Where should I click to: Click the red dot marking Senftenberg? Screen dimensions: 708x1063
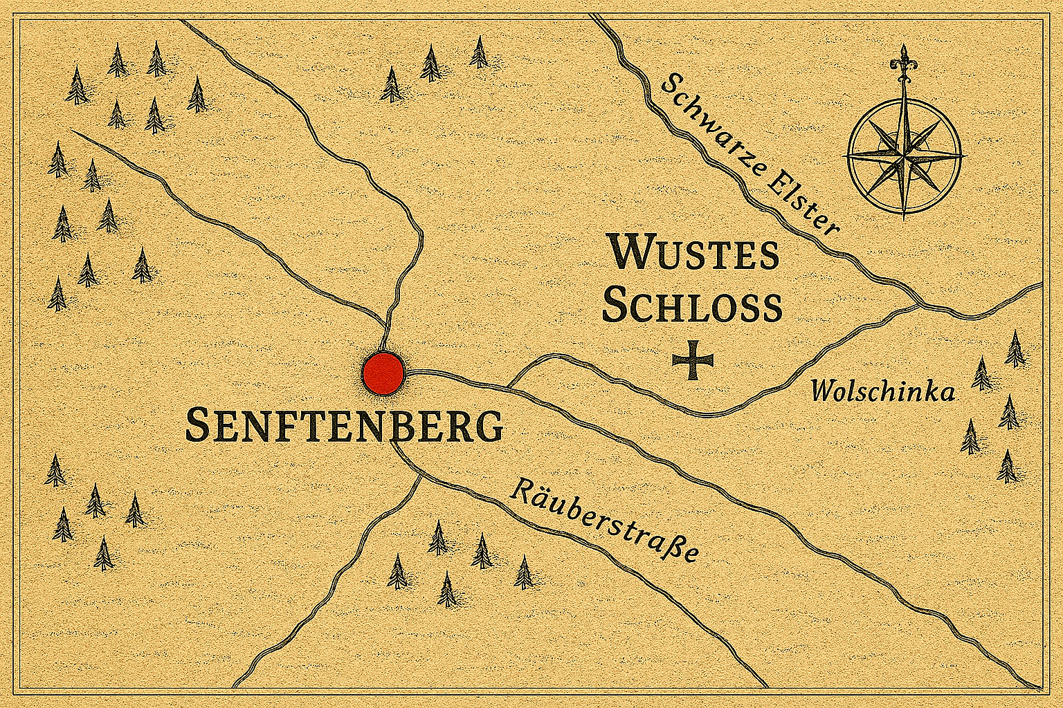(383, 373)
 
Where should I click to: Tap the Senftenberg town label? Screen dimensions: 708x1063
(344, 425)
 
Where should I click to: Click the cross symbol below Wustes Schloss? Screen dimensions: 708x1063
(693, 360)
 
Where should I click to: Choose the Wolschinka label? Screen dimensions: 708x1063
(883, 391)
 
